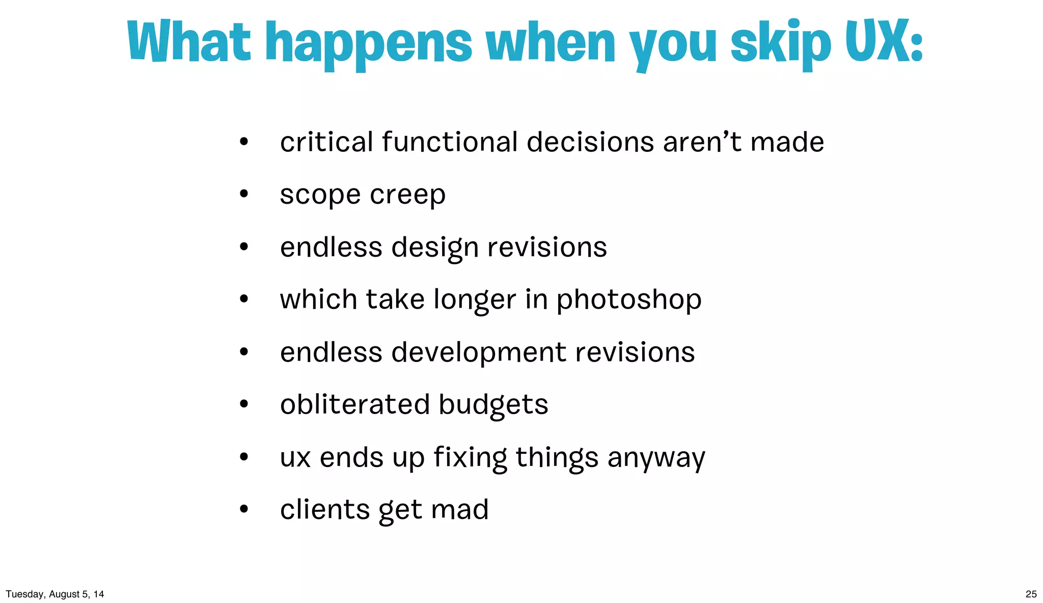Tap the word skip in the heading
(x=781, y=44)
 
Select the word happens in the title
(x=369, y=44)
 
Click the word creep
(x=407, y=195)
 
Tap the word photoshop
(x=628, y=300)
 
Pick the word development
(x=479, y=352)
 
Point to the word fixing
(x=470, y=457)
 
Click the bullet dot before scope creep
(x=244, y=194)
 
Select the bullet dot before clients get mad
(x=244, y=509)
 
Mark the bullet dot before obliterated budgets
(x=244, y=404)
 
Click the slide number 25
(x=1031, y=594)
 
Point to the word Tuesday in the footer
(x=25, y=594)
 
